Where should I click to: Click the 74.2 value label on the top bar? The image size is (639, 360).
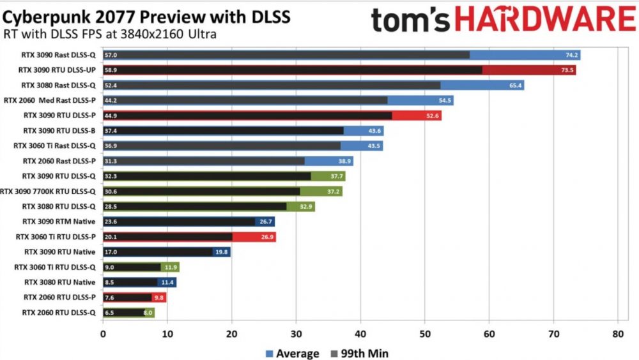[571, 55]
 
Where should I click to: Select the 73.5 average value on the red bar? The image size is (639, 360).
[567, 70]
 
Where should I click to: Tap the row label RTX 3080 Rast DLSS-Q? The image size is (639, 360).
[58, 85]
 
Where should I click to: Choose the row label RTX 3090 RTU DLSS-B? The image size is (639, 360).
[59, 131]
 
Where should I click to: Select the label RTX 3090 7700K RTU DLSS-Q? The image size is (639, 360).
[49, 191]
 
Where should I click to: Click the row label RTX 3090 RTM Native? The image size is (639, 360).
[59, 221]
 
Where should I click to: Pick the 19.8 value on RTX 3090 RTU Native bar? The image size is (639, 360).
[222, 252]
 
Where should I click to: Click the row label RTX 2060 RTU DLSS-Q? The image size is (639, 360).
[59, 313]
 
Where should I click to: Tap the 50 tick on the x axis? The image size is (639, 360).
[424, 333]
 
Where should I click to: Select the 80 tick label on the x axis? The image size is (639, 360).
[617, 333]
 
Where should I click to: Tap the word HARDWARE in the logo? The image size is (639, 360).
[544, 20]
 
